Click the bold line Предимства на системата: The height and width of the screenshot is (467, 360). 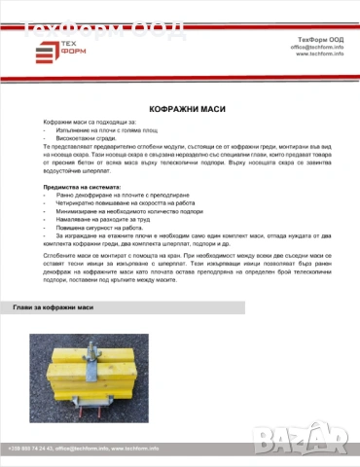tap(81, 186)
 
